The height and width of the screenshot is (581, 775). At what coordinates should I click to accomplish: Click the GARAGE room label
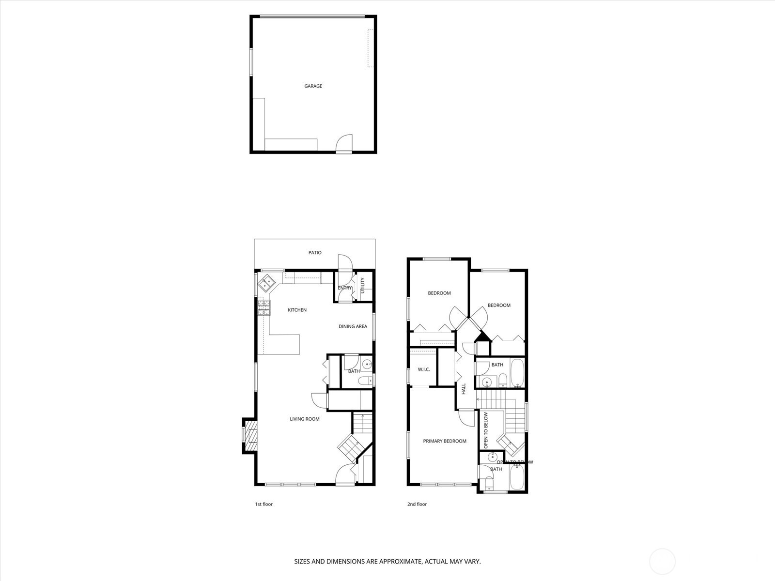pyautogui.click(x=313, y=86)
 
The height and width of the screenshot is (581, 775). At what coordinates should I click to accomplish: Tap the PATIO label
pyautogui.click(x=315, y=253)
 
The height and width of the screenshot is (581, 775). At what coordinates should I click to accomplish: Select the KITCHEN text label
pyautogui.click(x=297, y=310)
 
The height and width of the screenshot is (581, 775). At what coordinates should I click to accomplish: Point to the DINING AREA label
pyautogui.click(x=353, y=326)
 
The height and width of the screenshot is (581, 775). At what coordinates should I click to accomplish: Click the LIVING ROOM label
pyautogui.click(x=305, y=419)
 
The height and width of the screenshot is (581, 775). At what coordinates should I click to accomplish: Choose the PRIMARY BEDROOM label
pyautogui.click(x=445, y=441)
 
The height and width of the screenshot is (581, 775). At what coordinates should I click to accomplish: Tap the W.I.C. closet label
pyautogui.click(x=423, y=370)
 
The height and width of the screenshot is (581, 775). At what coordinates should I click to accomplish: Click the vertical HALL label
pyautogui.click(x=464, y=389)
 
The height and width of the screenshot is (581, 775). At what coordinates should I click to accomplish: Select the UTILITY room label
pyautogui.click(x=362, y=285)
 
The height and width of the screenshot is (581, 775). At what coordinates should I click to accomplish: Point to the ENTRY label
pyautogui.click(x=345, y=288)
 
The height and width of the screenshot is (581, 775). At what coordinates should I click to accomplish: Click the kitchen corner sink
pyautogui.click(x=266, y=282)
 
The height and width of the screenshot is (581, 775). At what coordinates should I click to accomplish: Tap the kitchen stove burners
pyautogui.click(x=263, y=308)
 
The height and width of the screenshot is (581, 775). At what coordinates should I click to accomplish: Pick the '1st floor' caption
pyautogui.click(x=264, y=504)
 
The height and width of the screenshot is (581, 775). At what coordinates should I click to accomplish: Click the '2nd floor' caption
pyautogui.click(x=417, y=504)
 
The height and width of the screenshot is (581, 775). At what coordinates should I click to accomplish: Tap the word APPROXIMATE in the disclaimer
pyautogui.click(x=400, y=562)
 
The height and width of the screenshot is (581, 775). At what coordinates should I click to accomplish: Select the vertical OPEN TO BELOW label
pyautogui.click(x=486, y=430)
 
